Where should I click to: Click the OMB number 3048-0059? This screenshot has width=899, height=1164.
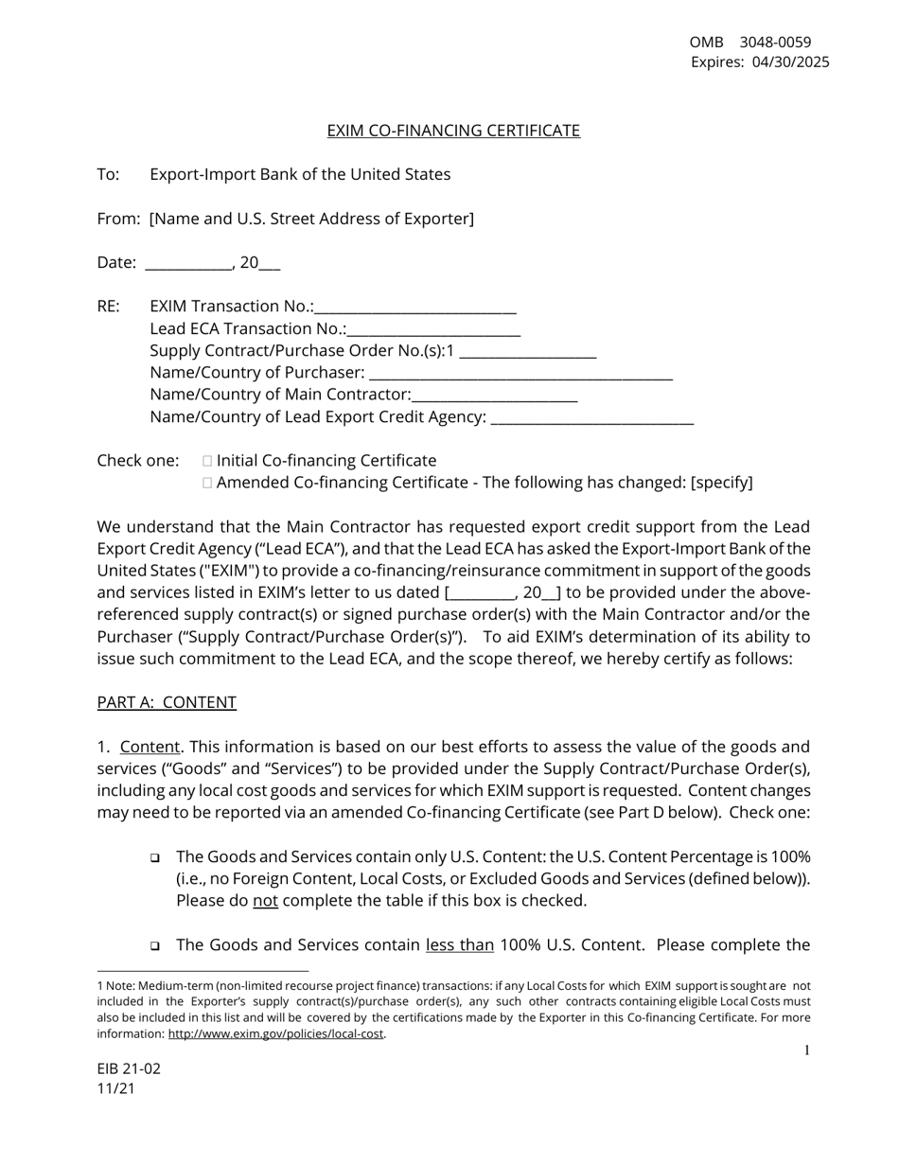(775, 42)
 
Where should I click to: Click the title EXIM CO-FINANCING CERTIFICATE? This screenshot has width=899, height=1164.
(453, 131)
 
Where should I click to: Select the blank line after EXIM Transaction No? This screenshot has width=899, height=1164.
(415, 307)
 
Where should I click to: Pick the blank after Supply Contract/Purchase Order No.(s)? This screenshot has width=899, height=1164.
(527, 351)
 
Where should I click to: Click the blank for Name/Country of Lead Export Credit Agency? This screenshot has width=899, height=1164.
(593, 417)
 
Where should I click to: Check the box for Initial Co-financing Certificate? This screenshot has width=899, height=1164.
(207, 461)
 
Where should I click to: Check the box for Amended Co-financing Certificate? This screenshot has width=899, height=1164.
(207, 483)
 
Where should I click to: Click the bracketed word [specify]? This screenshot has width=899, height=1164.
(722, 483)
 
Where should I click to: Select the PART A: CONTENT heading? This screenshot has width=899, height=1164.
(167, 702)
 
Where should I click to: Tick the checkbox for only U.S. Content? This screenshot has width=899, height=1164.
(154, 858)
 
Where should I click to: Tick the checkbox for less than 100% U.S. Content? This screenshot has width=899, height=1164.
(154, 946)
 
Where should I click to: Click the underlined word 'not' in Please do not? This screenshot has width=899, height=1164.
(265, 901)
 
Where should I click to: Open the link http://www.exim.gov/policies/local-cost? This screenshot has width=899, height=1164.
(275, 1034)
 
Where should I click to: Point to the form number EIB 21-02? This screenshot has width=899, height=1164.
(129, 1069)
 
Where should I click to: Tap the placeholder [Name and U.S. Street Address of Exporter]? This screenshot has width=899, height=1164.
(311, 219)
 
